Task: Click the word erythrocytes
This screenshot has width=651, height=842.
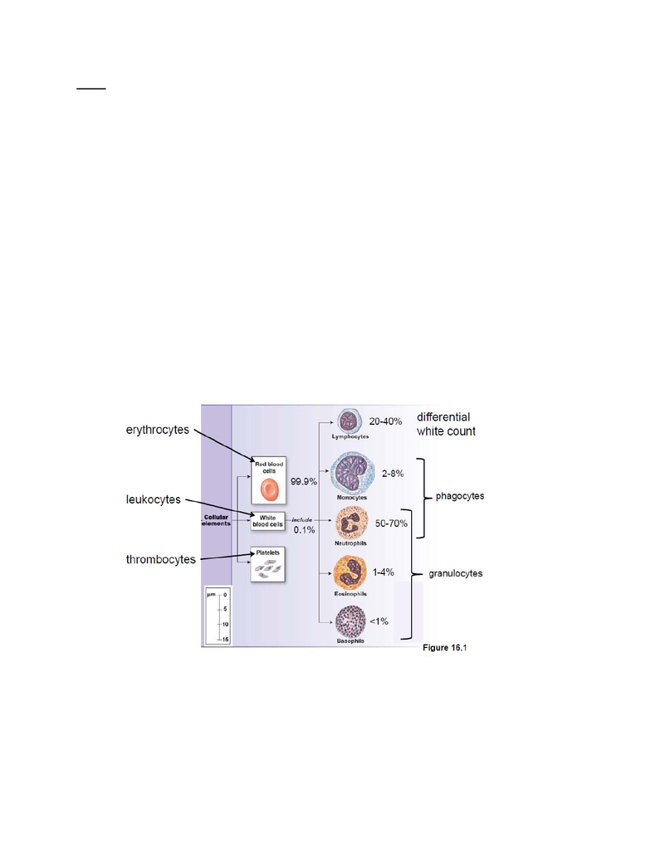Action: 158,431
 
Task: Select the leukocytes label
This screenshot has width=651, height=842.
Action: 154,499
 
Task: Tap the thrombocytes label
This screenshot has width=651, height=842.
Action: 161,560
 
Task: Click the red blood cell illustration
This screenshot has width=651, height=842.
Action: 269,489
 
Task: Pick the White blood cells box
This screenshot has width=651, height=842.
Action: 267,521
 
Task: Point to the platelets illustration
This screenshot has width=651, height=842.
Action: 267,569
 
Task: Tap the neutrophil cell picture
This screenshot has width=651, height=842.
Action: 351,523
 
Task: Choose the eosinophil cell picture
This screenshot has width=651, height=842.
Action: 350,573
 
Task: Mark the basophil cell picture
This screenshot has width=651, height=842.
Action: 350,621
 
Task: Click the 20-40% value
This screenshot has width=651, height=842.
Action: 385,421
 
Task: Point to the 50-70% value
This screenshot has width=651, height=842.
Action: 391,523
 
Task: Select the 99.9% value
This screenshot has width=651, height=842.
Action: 304,482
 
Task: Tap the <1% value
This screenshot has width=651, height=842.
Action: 379,621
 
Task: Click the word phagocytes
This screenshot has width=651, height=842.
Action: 460,496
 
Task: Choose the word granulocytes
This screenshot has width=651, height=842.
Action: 455,573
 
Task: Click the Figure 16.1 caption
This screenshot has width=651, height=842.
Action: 444,648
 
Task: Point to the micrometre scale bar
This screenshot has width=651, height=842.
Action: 218,616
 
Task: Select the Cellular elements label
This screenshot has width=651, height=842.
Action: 216,520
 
